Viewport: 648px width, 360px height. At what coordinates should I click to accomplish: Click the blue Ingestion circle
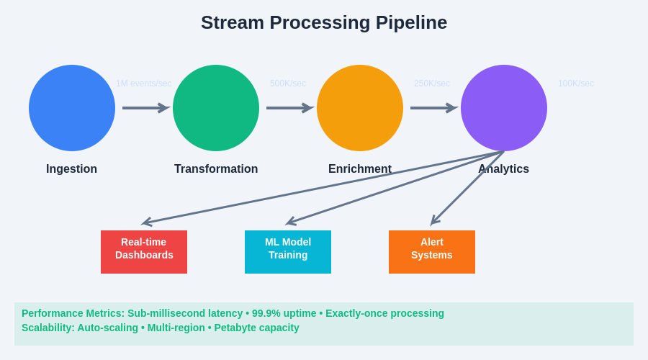coord(72,108)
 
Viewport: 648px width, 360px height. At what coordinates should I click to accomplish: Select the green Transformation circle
coord(216,108)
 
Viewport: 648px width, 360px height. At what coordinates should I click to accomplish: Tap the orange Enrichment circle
coord(360,108)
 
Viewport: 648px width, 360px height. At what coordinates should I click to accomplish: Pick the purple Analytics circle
coord(504,108)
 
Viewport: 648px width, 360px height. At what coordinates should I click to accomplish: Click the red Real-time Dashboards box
coord(144,252)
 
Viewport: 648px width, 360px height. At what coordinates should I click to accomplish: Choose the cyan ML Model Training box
coord(288,252)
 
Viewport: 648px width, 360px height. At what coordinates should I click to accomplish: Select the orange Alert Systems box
coord(432,252)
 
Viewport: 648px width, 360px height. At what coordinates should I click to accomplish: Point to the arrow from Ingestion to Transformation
coord(145,108)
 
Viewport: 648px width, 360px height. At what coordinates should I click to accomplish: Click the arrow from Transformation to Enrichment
coord(289,108)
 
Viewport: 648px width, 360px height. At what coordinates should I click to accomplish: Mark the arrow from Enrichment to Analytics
coord(433,108)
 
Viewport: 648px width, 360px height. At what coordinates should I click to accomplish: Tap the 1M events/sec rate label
coord(144,84)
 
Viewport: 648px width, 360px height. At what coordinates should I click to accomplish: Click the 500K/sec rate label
coord(288,84)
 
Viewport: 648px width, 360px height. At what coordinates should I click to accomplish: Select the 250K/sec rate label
coord(432,84)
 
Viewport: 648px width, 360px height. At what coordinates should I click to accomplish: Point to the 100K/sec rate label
coord(576,84)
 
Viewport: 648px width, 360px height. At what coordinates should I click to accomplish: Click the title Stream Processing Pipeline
coord(324,22)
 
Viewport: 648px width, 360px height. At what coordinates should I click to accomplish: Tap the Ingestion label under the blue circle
coord(71,169)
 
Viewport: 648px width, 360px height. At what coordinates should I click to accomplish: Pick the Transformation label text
coord(216,169)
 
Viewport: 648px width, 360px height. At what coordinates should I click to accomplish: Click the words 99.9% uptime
coord(284,313)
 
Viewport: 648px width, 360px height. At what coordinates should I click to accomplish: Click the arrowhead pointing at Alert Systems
coord(434,221)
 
